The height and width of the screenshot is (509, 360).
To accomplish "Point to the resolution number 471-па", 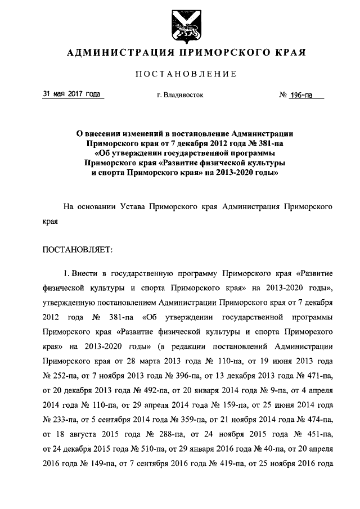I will coord(317,374).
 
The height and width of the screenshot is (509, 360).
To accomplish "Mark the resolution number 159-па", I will coord(211,403).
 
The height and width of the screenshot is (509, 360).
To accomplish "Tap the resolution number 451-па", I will coord(317,433).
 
